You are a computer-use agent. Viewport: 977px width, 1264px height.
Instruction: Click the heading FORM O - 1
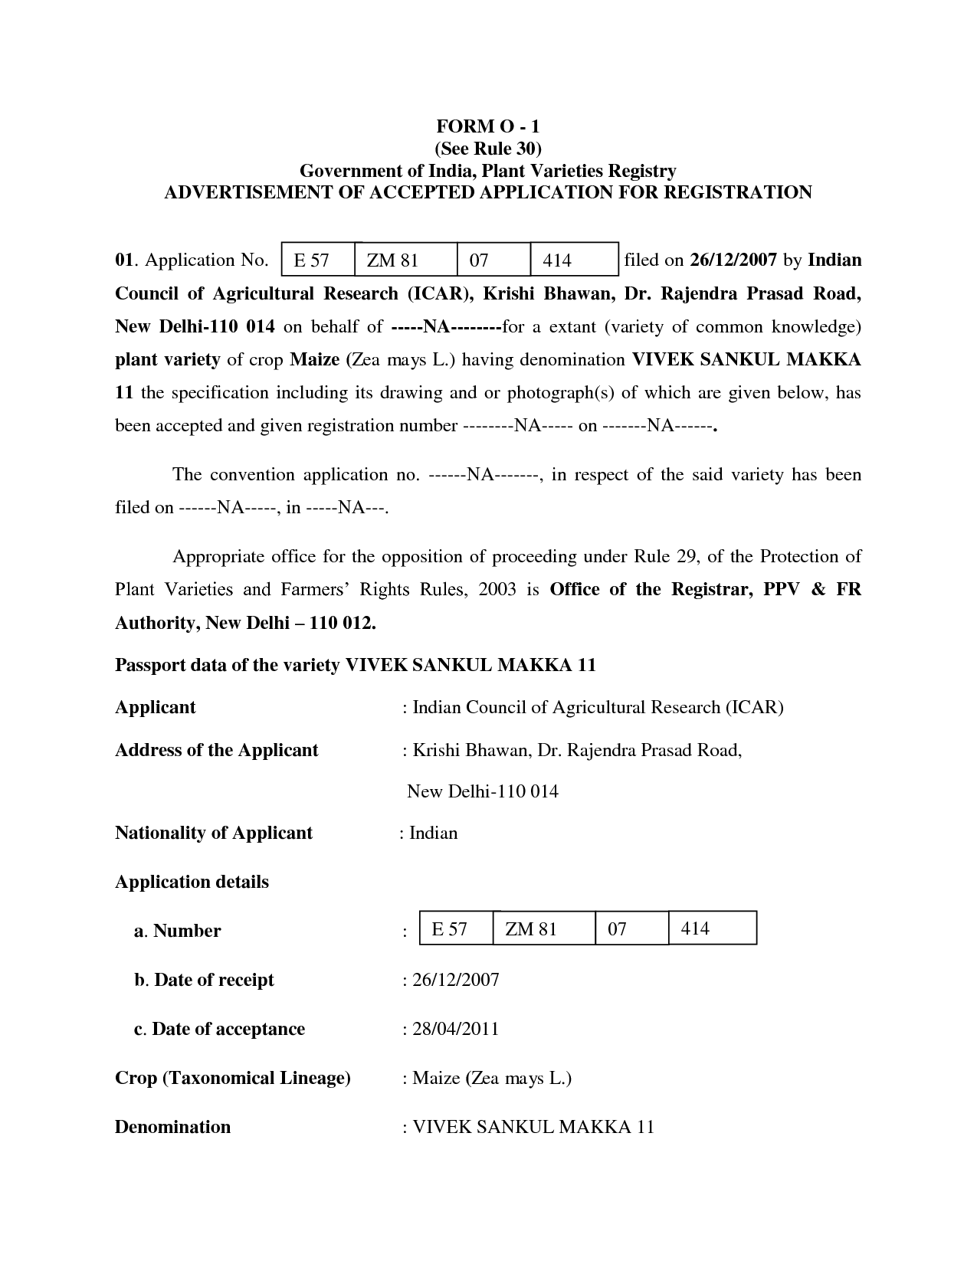tap(488, 126)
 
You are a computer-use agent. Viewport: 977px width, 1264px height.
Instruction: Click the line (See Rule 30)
tap(488, 148)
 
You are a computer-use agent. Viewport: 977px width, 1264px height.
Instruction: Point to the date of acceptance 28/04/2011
tap(456, 1029)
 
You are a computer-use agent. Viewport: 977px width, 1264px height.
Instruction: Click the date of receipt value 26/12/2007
tap(456, 980)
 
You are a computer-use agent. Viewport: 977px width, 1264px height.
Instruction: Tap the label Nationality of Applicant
tap(214, 833)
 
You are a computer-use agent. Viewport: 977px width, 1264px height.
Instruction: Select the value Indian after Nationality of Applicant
tap(433, 833)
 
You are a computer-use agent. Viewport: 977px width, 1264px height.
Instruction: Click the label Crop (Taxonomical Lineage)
tap(232, 1078)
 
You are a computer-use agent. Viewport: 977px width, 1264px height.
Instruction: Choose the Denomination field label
tap(172, 1127)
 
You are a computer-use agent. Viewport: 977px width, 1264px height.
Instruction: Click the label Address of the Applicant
tap(216, 750)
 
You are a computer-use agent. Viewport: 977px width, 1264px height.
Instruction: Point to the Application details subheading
tap(192, 882)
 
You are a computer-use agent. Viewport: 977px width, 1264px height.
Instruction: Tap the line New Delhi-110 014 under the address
tap(482, 791)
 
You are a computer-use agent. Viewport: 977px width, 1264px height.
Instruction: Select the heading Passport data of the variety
tap(355, 664)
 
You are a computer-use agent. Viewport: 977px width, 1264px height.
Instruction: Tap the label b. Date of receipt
tap(204, 980)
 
